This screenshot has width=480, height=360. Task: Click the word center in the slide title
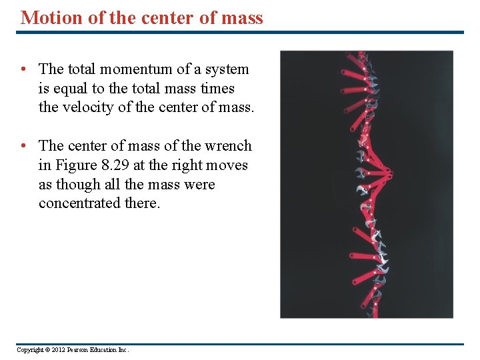pos(158,17)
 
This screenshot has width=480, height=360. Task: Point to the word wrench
pos(229,145)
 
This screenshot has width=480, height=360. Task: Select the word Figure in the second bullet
pos(78,165)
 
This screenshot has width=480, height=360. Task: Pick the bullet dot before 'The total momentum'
pos(23,69)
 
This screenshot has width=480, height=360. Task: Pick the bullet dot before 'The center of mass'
pos(23,146)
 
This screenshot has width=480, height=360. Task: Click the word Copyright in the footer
pos(31,350)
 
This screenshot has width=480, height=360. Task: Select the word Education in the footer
pos(109,350)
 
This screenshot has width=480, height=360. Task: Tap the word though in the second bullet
pos(80,184)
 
